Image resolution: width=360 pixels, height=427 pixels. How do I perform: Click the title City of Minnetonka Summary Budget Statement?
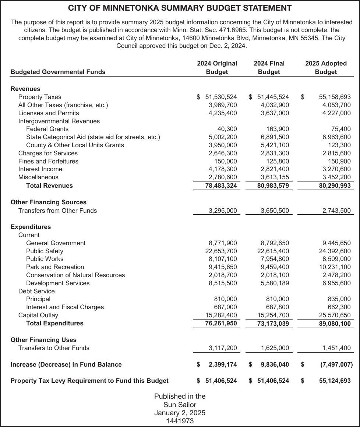[x=180, y=8]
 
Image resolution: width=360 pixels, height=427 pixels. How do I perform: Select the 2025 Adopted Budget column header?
[x=326, y=68]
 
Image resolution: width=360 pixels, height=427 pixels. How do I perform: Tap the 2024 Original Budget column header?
[x=217, y=68]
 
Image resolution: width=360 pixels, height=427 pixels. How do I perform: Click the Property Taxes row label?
[x=40, y=97]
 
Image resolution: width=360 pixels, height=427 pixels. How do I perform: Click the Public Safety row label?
[x=45, y=251]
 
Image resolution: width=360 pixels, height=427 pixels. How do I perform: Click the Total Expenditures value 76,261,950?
[x=221, y=323]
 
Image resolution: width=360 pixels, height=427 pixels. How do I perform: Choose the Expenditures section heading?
[x=31, y=227]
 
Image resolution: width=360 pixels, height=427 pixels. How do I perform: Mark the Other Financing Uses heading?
[x=43, y=340]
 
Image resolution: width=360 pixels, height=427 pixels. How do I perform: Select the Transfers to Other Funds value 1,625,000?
[x=275, y=348]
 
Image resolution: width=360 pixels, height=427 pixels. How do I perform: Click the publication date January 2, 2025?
[x=180, y=413]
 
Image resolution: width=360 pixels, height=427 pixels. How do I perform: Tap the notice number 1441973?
[x=180, y=421]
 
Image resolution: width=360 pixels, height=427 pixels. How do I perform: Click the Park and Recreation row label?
[x=55, y=267]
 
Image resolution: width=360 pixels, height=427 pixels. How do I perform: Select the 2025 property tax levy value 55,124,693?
[x=334, y=381]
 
